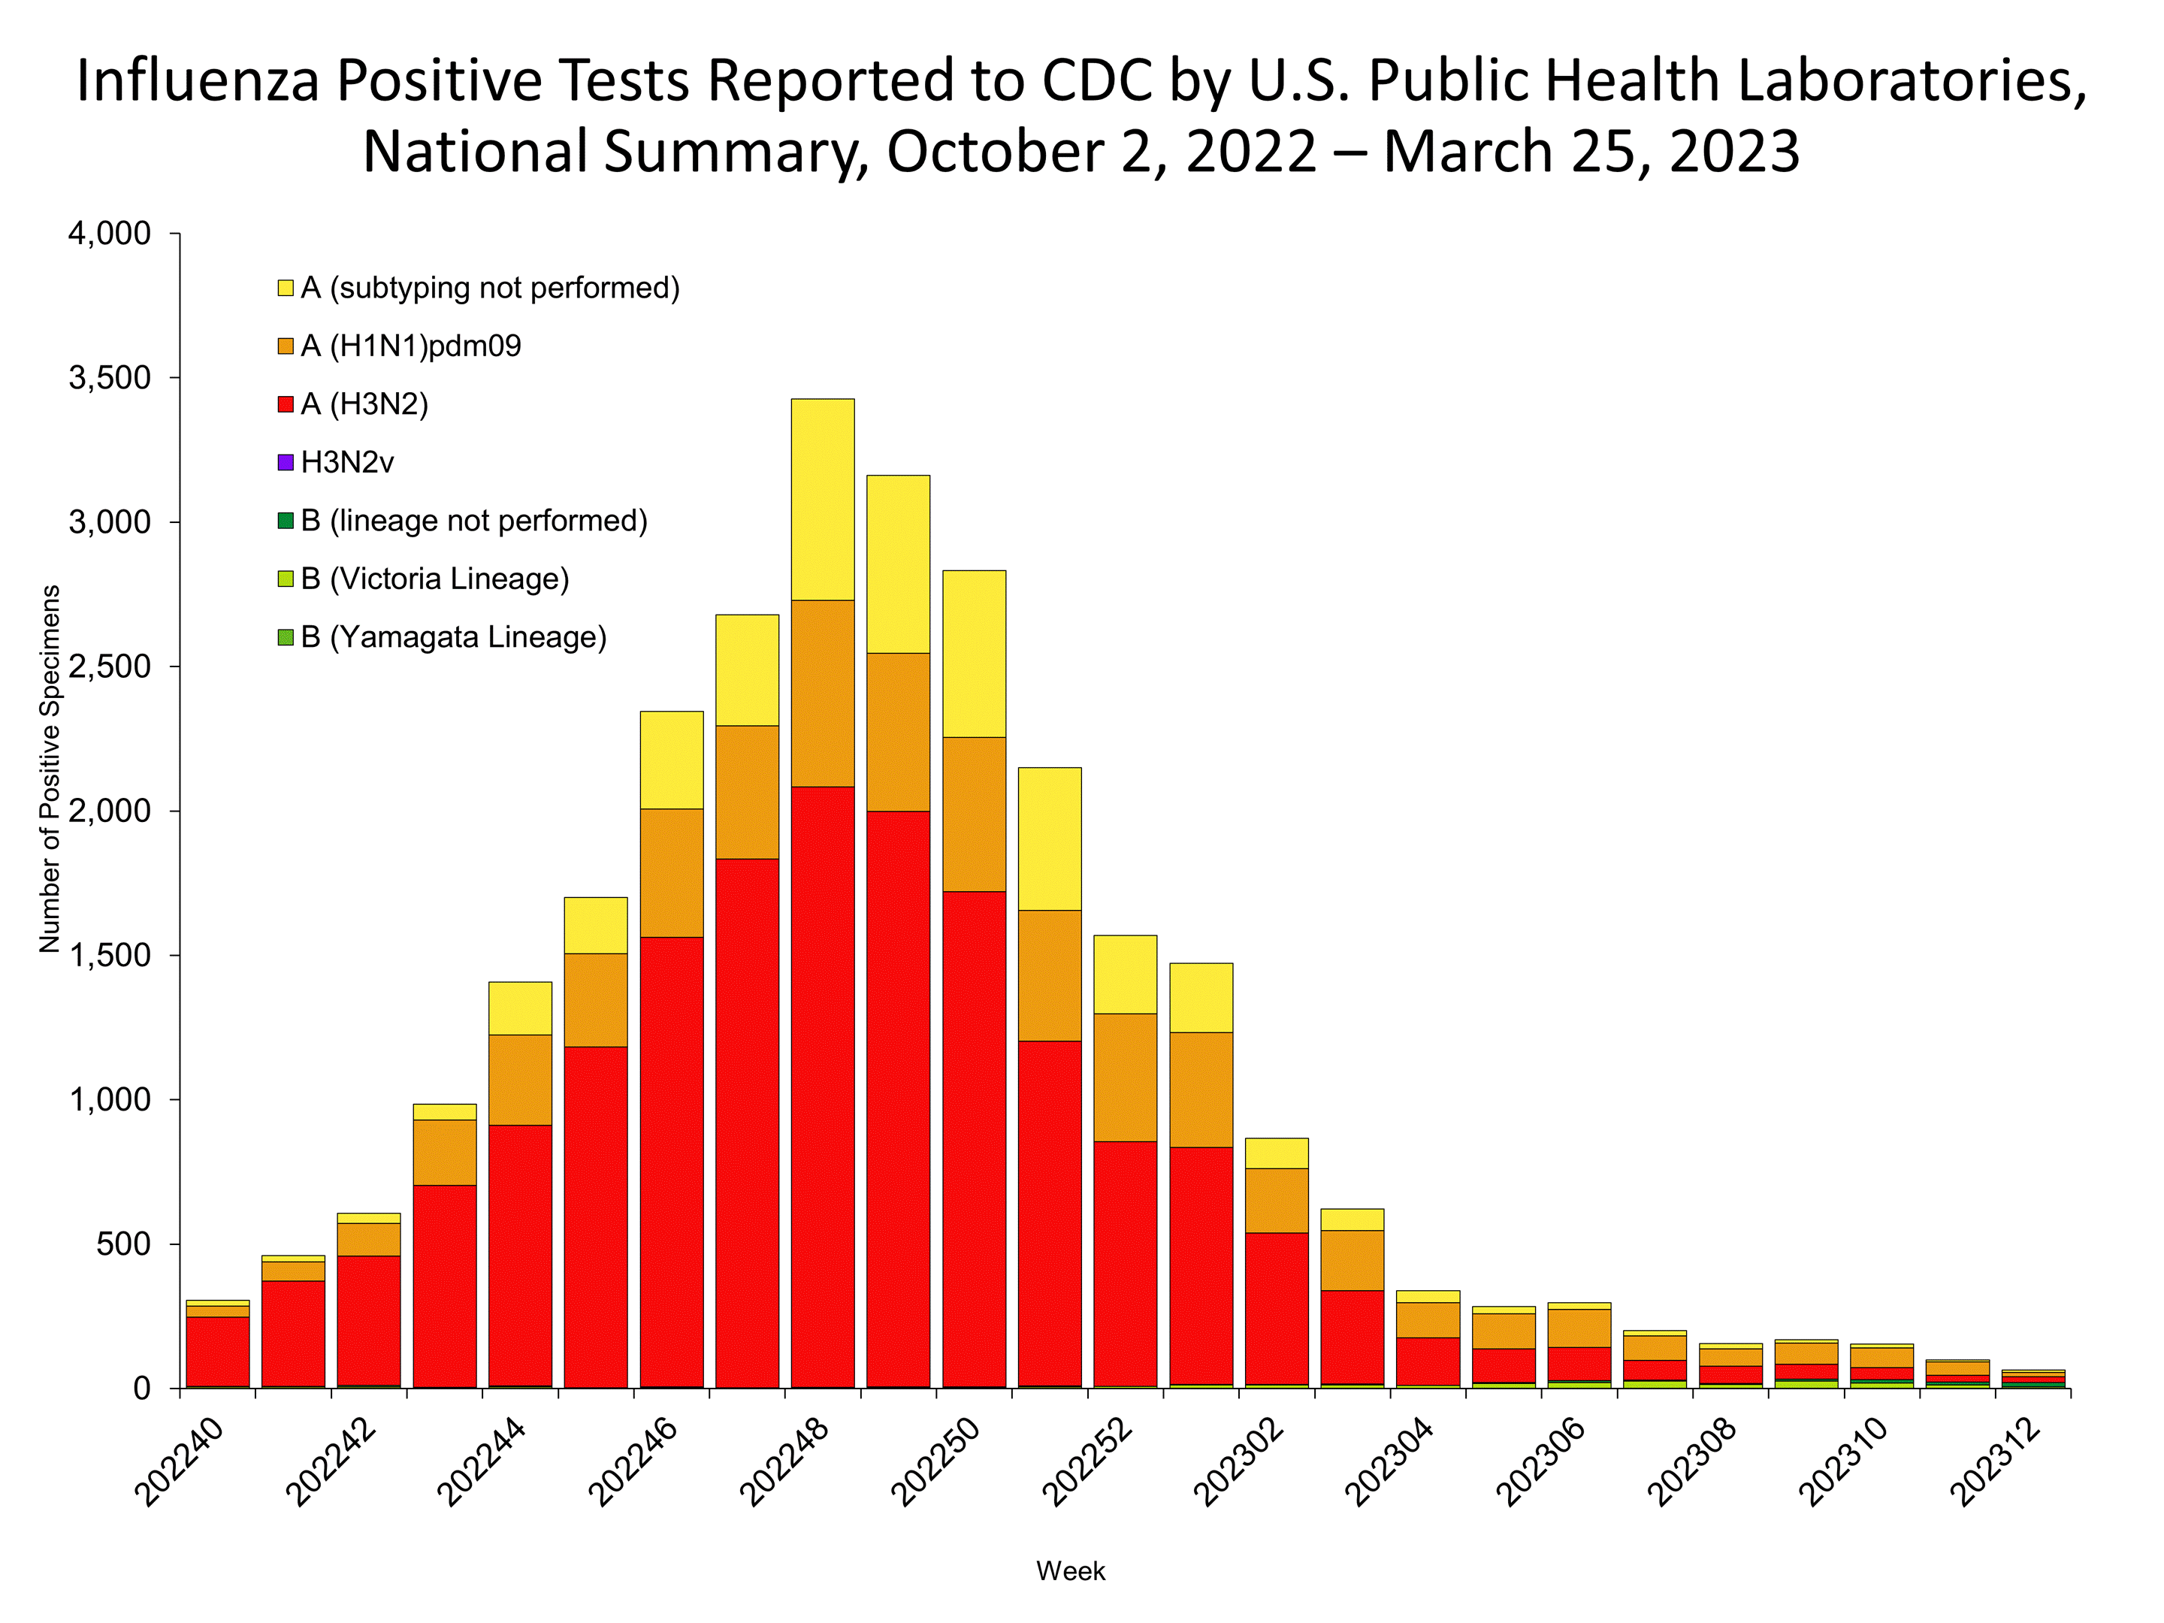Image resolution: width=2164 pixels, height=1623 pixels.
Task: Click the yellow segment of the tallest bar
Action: (x=822, y=499)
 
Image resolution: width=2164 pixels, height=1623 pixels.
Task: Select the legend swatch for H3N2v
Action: (x=286, y=463)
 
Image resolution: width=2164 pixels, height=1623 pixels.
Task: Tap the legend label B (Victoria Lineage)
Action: (x=434, y=579)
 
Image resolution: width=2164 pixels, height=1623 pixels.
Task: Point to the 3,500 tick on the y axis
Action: (x=110, y=379)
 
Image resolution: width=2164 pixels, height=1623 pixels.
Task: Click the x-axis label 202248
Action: (x=784, y=1461)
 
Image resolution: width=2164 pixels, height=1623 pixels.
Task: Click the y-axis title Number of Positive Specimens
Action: (x=50, y=769)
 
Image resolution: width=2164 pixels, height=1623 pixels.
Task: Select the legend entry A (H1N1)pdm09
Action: (x=411, y=346)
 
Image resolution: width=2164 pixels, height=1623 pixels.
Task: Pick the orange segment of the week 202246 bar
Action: (x=671, y=872)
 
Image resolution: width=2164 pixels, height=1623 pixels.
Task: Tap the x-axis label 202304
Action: (x=1390, y=1461)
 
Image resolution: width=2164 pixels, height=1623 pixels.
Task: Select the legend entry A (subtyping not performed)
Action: (x=489, y=289)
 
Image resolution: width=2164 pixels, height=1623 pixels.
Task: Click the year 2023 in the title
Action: (x=1733, y=153)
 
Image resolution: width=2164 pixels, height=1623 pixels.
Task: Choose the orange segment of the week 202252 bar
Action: (x=1125, y=1077)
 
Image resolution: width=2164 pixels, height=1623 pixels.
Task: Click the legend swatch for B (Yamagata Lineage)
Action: (x=286, y=638)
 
